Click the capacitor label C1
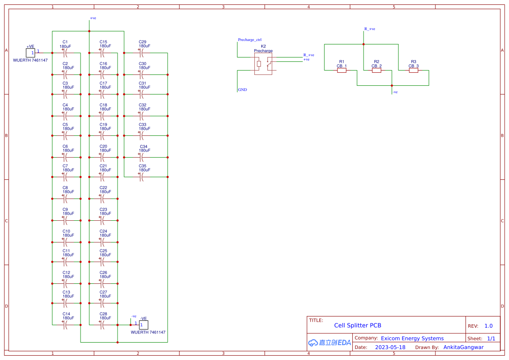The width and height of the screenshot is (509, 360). point(65,42)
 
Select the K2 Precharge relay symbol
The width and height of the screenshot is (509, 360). point(263,64)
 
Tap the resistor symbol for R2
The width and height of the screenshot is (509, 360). point(377,70)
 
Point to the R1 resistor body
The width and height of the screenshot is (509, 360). point(342,70)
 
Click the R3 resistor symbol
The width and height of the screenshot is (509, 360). point(414,70)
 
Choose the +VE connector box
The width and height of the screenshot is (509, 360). point(30,53)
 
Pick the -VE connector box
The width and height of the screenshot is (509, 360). point(144,325)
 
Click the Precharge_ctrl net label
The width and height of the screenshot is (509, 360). point(249,40)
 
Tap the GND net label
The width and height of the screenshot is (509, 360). point(243,90)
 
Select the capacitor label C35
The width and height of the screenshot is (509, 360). point(142,166)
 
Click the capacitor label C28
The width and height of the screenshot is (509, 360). point(103,314)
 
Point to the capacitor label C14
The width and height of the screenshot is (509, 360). point(66,314)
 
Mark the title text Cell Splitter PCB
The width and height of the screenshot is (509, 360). point(357,325)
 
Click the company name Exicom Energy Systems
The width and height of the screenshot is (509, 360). point(412,338)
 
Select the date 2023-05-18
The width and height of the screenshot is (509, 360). point(390,347)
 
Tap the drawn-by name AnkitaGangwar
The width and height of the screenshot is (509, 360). point(463,347)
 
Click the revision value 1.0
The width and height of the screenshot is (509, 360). point(489,326)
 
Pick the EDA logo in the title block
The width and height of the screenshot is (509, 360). point(329,343)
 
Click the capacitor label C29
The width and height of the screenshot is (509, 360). point(142,42)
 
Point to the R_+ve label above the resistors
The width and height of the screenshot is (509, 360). point(370,29)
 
